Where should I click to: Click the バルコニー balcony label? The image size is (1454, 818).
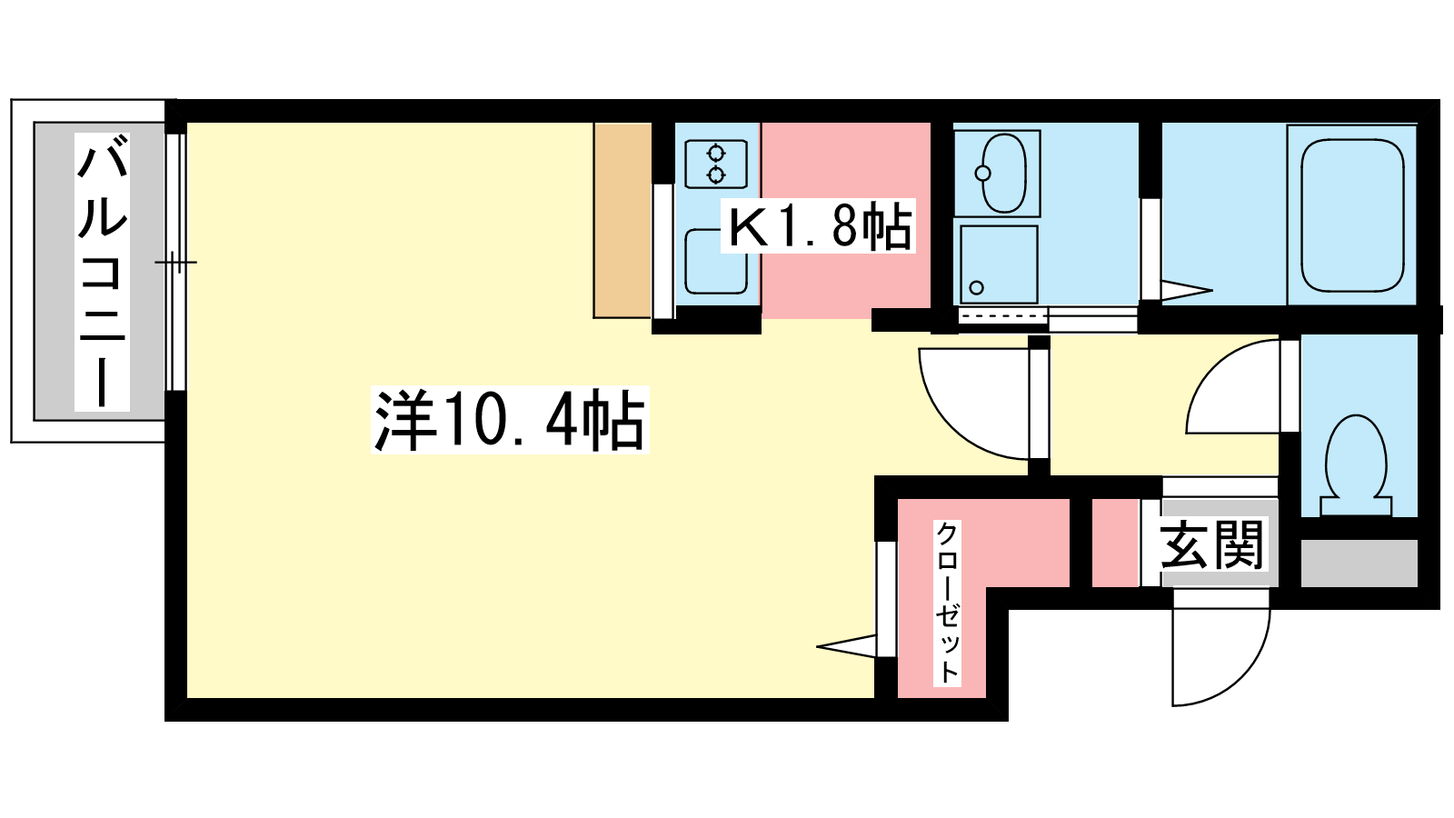pyautogui.click(x=102, y=272)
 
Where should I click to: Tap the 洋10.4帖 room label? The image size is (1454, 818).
pyautogui.click(x=510, y=420)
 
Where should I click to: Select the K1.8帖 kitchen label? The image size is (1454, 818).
pyautogui.click(x=819, y=226)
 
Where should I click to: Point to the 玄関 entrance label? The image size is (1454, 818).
pyautogui.click(x=1211, y=544)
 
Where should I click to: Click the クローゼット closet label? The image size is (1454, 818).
pyautogui.click(x=948, y=603)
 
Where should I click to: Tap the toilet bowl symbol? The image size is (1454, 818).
pyautogui.click(x=1356, y=465)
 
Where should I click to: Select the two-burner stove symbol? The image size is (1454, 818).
pyautogui.click(x=716, y=165)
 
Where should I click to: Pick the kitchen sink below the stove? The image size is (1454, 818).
pyautogui.click(x=716, y=261)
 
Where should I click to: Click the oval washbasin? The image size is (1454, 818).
pyautogui.click(x=1003, y=174)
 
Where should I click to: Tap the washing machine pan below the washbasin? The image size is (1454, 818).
pyautogui.click(x=999, y=264)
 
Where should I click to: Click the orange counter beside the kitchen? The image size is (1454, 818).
pyautogui.click(x=622, y=221)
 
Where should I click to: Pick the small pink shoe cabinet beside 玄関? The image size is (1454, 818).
pyautogui.click(x=1115, y=543)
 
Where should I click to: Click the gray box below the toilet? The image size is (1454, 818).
pyautogui.click(x=1359, y=564)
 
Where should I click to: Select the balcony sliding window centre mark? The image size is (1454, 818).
pyautogui.click(x=175, y=263)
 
